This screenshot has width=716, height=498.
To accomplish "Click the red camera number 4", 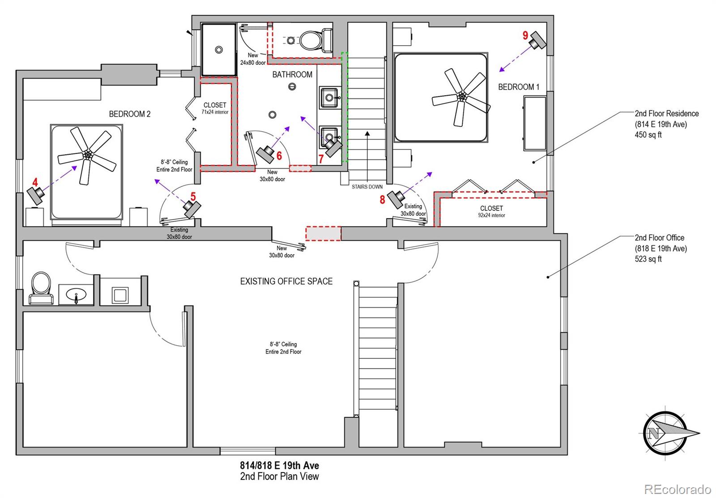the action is pyautogui.click(x=35, y=182).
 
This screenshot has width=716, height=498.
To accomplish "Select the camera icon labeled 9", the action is pyautogui.click(x=537, y=40).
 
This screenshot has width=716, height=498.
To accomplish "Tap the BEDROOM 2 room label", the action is pyautogui.click(x=129, y=114).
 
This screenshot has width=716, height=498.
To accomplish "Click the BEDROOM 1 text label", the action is pyautogui.click(x=519, y=87).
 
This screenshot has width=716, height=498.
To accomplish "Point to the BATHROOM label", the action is pyautogui.click(x=292, y=74).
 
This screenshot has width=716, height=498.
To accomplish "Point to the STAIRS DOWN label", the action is pyautogui.click(x=367, y=187).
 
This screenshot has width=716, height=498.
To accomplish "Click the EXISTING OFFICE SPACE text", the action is pyautogui.click(x=286, y=281).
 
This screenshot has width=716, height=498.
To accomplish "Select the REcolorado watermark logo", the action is pyautogui.click(x=678, y=489).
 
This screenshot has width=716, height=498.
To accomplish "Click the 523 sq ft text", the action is pyautogui.click(x=648, y=259).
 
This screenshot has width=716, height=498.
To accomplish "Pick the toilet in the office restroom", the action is pyautogui.click(x=41, y=288).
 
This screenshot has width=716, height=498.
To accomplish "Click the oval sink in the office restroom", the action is pyautogui.click(x=76, y=294).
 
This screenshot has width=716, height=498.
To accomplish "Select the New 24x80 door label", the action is pyautogui.click(x=253, y=59).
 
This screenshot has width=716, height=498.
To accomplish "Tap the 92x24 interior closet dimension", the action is pyautogui.click(x=492, y=215).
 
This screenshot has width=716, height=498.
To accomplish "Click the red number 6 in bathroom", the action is pyautogui.click(x=279, y=156).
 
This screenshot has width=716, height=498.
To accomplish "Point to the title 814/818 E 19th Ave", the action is pyautogui.click(x=280, y=465).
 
